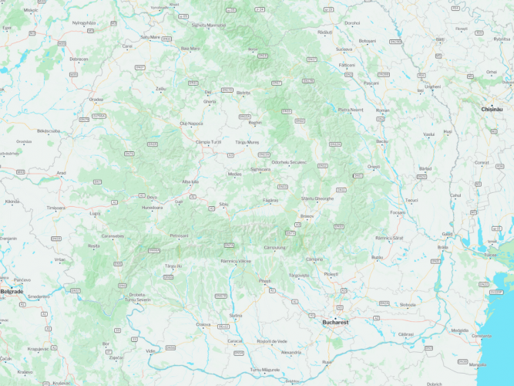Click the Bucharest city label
pyautogui.click(x=336, y=321)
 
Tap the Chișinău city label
pyautogui.click(x=492, y=110)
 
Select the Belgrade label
pyautogui.click(x=12, y=292)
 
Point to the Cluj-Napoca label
pyautogui.click(x=191, y=124)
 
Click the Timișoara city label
pyautogui.click(x=55, y=208)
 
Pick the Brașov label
pyautogui.click(x=307, y=216)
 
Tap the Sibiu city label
pyautogui.click(x=223, y=205)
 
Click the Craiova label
pyautogui.click(x=203, y=324)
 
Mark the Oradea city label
pyautogui.click(x=96, y=100)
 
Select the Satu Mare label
pyautogui.click(x=150, y=37)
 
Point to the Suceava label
pyautogui.click(x=344, y=49)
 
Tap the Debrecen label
pyautogui.click(x=79, y=59)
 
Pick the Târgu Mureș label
pyautogui.click(x=247, y=143)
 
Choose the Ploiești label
pyautogui.click(x=331, y=274)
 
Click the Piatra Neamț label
pyautogui.click(x=351, y=110)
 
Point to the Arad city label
pyautogui.click(x=62, y=173)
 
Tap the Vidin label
pyautogui.click(x=151, y=350)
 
